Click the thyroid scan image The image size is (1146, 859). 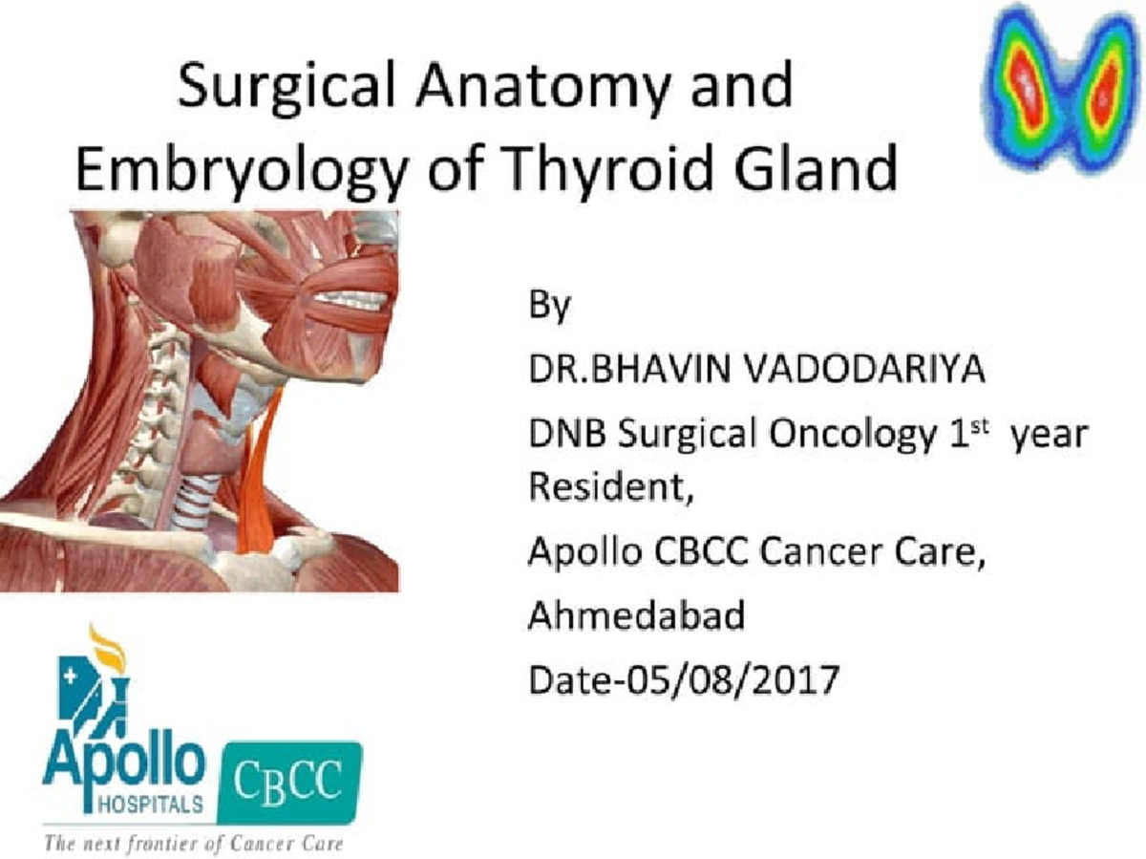pyautogui.click(x=1060, y=89)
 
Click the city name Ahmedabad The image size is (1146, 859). pyautogui.click(x=636, y=616)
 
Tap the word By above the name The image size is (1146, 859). pyautogui.click(x=549, y=308)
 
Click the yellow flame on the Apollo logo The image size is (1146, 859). pyautogui.click(x=108, y=647)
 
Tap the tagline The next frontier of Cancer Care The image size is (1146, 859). pyautogui.click(x=191, y=844)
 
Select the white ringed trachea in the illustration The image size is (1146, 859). pyautogui.click(x=196, y=497)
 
